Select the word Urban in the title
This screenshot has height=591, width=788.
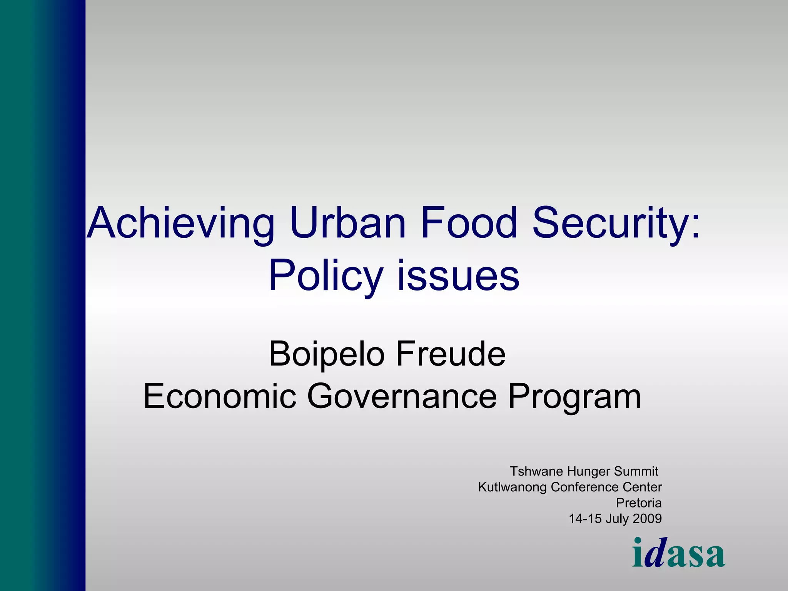coord(348,223)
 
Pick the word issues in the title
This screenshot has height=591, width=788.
coord(458,275)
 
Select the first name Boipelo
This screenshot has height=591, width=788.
coord(327,354)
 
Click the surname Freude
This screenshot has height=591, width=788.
coord(451,354)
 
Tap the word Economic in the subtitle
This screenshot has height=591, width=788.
coord(220,396)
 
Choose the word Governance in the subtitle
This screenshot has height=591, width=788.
coord(402,396)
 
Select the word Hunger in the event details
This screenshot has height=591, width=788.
coord(588,472)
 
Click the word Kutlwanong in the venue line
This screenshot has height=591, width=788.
coord(513,487)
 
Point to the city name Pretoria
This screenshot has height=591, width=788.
coord(639,503)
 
